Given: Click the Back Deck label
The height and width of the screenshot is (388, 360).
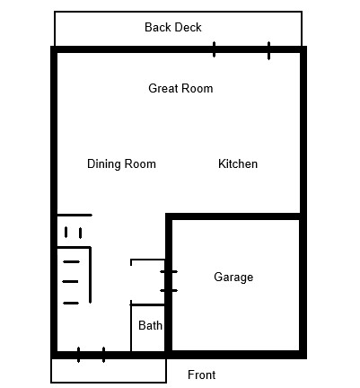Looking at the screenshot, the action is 173,27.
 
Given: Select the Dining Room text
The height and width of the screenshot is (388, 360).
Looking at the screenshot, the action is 121,164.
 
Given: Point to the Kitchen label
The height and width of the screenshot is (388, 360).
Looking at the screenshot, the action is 238,163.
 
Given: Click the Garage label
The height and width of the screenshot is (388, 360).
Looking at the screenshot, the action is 233,278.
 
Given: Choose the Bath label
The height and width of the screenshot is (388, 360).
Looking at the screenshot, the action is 150,325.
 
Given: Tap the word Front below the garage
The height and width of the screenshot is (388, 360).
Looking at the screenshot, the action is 201,375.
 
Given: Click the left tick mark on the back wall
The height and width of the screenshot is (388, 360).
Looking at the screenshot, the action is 214,49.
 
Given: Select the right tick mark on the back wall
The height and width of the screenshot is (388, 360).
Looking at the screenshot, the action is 268,50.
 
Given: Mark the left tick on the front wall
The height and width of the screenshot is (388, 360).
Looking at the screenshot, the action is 78,355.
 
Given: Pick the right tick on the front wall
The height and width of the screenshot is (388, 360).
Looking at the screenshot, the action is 103,355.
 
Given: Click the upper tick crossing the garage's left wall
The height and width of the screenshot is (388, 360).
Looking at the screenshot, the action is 169,272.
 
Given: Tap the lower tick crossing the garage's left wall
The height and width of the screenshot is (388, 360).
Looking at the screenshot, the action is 169,290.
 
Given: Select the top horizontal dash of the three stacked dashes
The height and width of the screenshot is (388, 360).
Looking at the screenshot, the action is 71,262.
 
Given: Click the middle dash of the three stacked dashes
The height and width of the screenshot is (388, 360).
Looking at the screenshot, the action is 70,282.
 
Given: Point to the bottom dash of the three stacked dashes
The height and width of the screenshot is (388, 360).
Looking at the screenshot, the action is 71,304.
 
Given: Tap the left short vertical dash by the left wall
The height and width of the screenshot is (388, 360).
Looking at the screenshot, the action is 66,233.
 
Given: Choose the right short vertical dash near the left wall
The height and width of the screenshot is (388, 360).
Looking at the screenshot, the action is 80,233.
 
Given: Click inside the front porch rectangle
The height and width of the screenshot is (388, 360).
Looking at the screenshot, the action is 109,371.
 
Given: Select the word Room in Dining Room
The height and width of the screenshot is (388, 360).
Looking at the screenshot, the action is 140,164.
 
